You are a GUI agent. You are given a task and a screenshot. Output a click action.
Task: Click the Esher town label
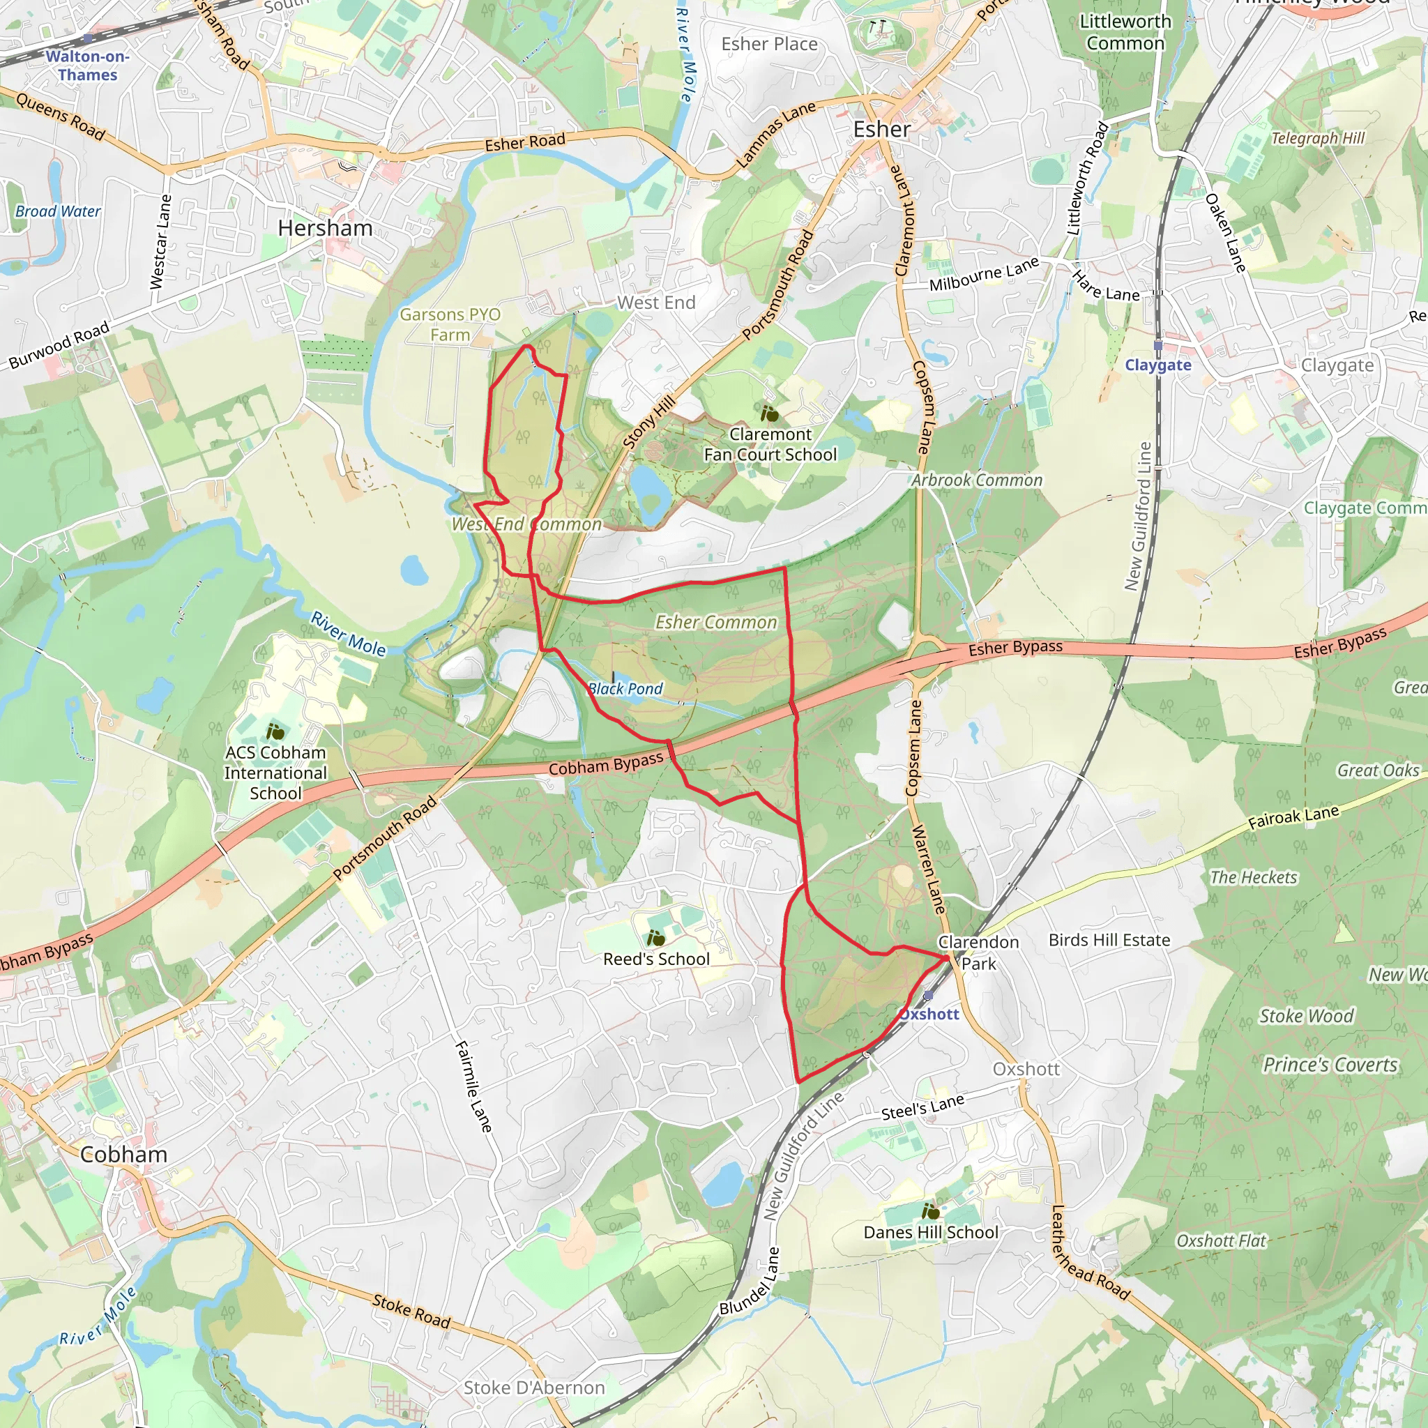pyautogui.click(x=881, y=130)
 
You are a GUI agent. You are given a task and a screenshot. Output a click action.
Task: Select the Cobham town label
pyautogui.click(x=123, y=1154)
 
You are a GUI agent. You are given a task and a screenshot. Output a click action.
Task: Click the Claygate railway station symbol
pyautogui.click(x=1158, y=346)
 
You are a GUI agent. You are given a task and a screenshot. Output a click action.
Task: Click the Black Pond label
pyautogui.click(x=625, y=689)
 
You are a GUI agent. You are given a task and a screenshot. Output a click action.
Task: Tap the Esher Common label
pyautogui.click(x=715, y=623)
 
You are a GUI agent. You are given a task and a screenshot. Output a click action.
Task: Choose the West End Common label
pyautogui.click(x=526, y=524)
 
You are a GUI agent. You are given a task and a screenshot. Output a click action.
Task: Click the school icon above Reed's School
pyautogui.click(x=655, y=939)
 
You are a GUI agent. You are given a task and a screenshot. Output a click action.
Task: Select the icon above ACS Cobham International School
pyautogui.click(x=275, y=731)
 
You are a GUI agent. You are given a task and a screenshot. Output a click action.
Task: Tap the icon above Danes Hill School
pyautogui.click(x=931, y=1210)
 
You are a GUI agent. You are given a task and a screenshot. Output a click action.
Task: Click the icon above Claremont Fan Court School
pyautogui.click(x=770, y=413)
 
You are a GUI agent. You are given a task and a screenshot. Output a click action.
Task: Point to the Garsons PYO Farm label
pyautogui.click(x=450, y=324)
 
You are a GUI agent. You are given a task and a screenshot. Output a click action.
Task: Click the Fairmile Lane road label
pyautogui.click(x=473, y=1086)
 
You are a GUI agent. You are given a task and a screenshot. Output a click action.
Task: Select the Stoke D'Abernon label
pyautogui.click(x=533, y=1388)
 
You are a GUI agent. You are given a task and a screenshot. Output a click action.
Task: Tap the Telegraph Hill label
pyautogui.click(x=1317, y=138)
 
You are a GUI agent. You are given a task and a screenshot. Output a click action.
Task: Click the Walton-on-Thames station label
pyautogui.click(x=87, y=66)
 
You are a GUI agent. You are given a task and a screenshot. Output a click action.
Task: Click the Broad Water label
pyautogui.click(x=58, y=211)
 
